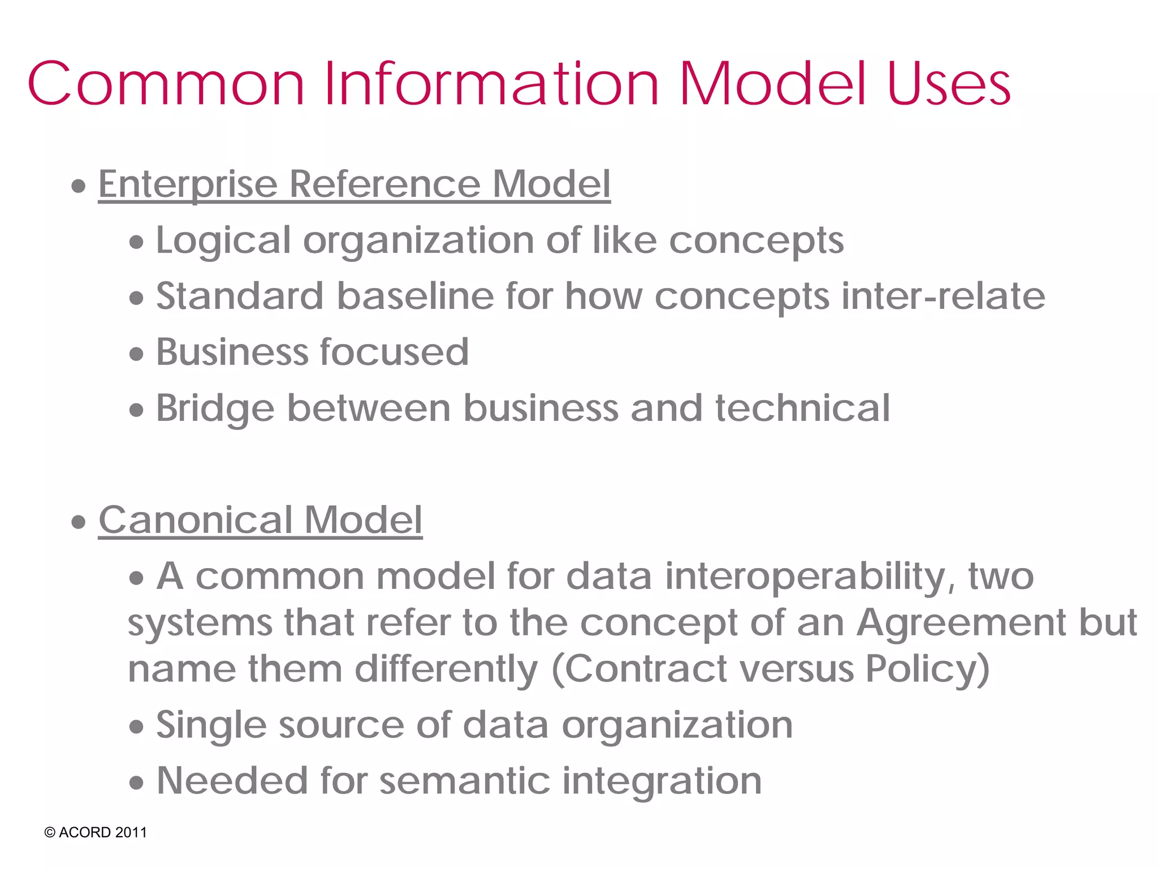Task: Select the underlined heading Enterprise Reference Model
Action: coord(354,184)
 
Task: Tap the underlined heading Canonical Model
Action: coord(260,520)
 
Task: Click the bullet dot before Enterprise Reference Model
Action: coord(79,186)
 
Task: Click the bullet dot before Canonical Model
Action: coord(79,522)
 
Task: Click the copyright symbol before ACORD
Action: coord(50,833)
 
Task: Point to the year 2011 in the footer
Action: coord(131,833)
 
